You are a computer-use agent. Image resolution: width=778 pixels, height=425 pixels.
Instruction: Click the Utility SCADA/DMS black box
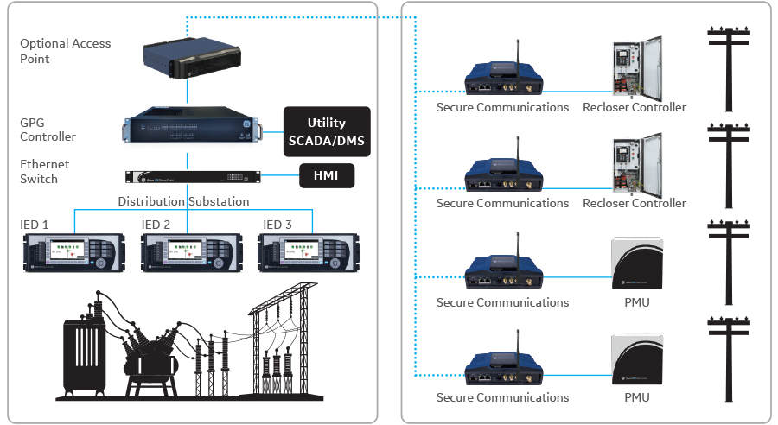[x=327, y=131]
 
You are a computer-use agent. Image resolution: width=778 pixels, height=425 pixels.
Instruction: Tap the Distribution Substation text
[x=183, y=201]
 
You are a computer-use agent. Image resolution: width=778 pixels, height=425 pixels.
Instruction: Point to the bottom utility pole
[x=730, y=359]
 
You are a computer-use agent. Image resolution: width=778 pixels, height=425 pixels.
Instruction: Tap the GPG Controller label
[x=48, y=130]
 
